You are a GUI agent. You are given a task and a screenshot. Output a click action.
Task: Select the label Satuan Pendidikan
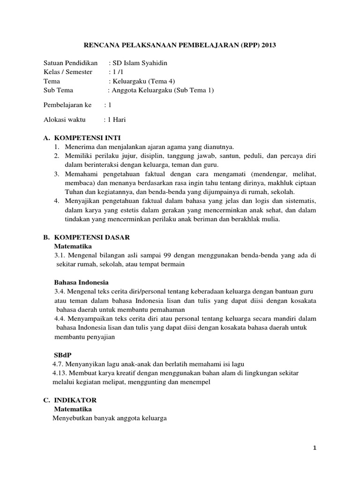(70, 63)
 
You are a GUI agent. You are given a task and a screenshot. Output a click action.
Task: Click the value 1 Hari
(117, 120)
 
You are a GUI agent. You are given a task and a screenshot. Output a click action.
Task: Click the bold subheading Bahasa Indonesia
(82, 283)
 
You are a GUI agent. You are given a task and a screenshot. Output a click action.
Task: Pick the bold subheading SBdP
(62, 355)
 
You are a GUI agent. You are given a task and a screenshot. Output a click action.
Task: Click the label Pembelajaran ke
(67, 105)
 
